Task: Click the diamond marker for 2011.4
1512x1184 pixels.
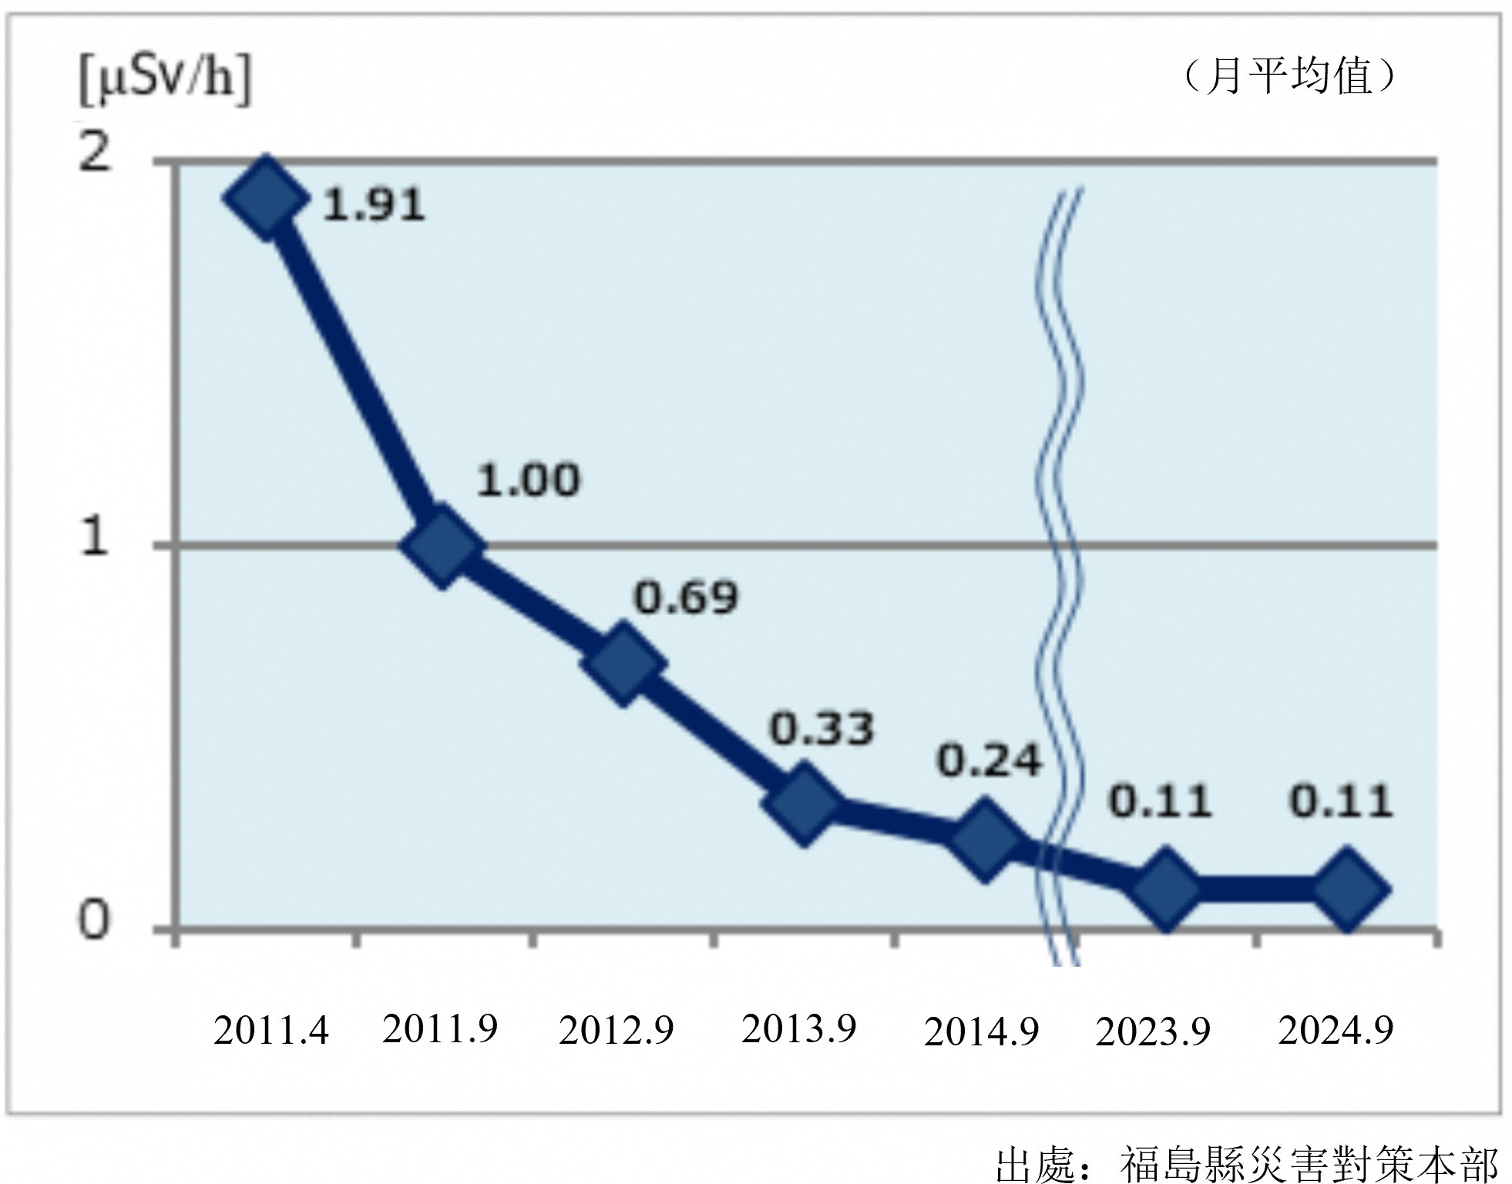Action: click(x=264, y=197)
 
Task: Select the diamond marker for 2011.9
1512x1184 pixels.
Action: click(x=442, y=545)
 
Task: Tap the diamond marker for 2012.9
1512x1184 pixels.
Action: click(x=623, y=664)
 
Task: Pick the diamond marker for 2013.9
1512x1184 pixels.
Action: click(x=804, y=803)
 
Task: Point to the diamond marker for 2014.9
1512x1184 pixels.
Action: click(x=985, y=838)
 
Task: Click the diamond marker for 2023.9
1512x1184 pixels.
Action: click(x=1166, y=888)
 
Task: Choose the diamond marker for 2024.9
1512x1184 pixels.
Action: click(x=1346, y=888)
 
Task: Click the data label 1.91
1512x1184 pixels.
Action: click(x=374, y=205)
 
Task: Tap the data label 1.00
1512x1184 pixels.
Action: click(x=528, y=480)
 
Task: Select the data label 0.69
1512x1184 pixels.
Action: click(x=685, y=598)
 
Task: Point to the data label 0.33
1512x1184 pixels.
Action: click(x=822, y=729)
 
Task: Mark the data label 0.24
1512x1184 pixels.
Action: click(x=990, y=761)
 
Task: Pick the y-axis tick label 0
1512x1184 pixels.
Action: click(x=94, y=920)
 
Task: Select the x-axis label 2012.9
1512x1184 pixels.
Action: click(x=616, y=1030)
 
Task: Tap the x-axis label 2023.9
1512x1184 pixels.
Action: click(x=1153, y=1031)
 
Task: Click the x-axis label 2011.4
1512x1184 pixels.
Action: click(x=270, y=1030)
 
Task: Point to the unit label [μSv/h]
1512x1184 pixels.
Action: click(x=165, y=80)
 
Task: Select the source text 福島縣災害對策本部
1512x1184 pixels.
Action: click(x=1308, y=1163)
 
